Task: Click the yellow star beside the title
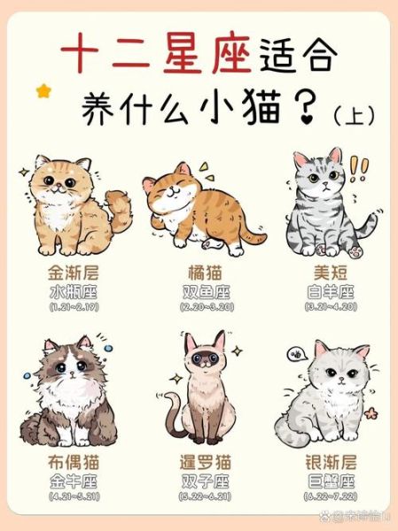pyautogui.click(x=43, y=91)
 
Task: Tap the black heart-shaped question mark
pyautogui.click(x=308, y=112)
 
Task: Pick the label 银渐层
pyautogui.click(x=329, y=462)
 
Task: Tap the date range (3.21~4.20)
pyautogui.click(x=329, y=306)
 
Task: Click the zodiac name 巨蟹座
pyautogui.click(x=329, y=481)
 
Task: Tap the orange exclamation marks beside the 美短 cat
pyautogui.click(x=359, y=167)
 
